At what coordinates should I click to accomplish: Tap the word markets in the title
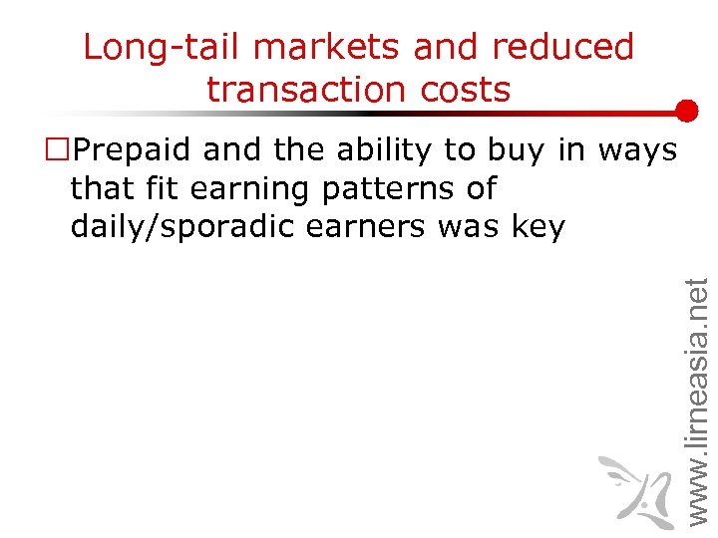point(318,47)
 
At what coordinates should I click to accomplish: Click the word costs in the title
point(460,90)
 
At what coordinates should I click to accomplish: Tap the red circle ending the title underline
point(685,111)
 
